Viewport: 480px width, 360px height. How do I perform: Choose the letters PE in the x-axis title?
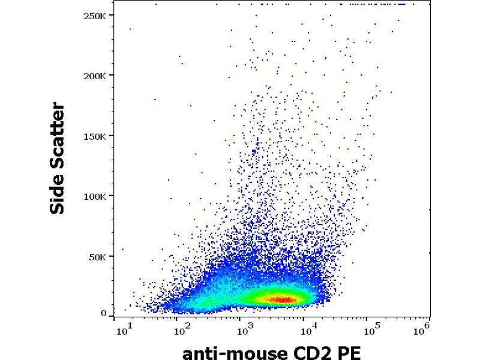(x=350, y=351)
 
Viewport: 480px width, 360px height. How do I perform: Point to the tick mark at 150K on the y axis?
(x=113, y=136)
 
